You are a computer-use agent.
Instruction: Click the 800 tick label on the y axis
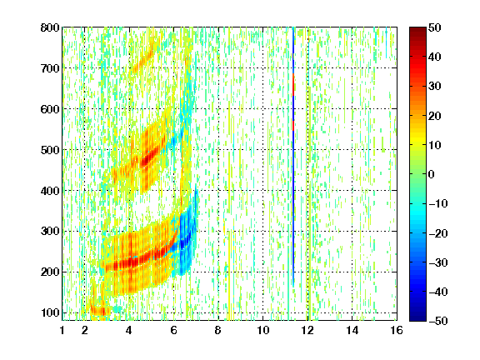pos(50,27)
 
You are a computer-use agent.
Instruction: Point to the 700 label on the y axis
pos(50,68)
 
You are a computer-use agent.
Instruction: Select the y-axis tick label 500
pos(50,150)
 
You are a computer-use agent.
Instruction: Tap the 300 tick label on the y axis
pos(50,232)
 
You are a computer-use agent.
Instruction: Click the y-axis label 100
pos(50,312)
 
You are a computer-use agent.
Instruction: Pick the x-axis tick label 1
pos(62,330)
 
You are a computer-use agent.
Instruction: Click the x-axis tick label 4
pos(129,330)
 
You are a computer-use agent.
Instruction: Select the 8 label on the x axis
pos(218,330)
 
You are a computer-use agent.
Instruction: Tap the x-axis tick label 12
pos(307,330)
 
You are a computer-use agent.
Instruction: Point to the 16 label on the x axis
pos(397,330)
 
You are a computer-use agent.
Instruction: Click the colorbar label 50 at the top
pos(435,27)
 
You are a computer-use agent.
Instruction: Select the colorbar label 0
pos(432,174)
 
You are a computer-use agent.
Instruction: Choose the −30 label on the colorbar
pos(438,262)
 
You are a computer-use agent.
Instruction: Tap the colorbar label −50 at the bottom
pos(438,321)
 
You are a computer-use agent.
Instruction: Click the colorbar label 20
pos(435,116)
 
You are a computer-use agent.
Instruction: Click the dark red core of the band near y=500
pos(147,158)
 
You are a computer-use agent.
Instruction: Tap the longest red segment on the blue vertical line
pos(293,85)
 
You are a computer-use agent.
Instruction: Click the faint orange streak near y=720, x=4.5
pos(143,59)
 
